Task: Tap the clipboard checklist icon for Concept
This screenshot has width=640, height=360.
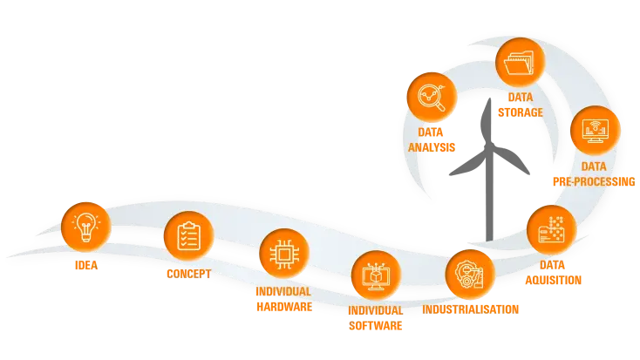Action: coord(188,236)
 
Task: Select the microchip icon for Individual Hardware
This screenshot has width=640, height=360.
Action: coord(283,254)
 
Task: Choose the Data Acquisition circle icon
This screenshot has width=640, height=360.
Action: coord(552,230)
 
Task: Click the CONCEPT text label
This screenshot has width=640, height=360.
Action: coord(188,275)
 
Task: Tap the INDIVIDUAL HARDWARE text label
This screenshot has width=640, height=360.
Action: coord(283,298)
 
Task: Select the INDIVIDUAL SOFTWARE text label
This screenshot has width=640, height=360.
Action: coord(376,318)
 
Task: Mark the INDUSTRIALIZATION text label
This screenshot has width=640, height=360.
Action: coord(471,309)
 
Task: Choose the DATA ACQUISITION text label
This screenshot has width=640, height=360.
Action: coord(554,272)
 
